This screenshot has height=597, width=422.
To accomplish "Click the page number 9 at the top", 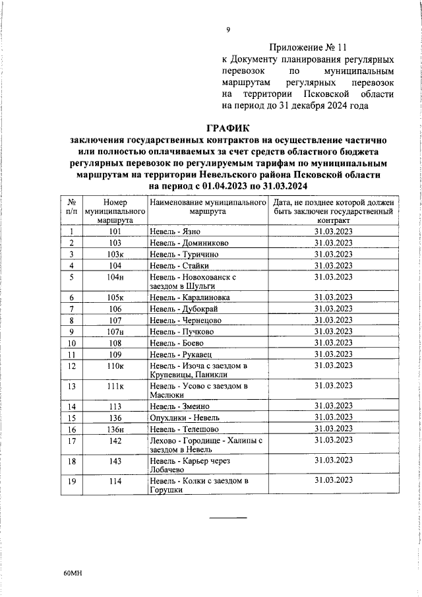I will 228,29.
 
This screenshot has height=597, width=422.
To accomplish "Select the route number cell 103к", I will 115,254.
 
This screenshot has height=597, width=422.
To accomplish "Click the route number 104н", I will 115,277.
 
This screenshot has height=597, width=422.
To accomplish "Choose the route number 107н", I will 115,331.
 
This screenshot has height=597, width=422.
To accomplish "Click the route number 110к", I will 115,365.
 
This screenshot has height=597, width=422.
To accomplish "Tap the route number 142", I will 115,439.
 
